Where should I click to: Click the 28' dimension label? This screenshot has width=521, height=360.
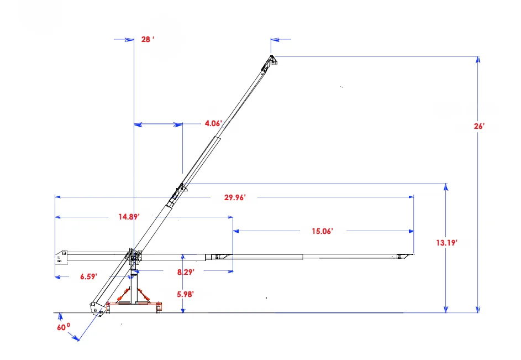(148, 39)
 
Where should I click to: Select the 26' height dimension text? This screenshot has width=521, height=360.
(479, 126)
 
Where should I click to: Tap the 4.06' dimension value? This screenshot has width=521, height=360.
(213, 123)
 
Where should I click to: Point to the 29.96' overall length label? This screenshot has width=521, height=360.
(235, 197)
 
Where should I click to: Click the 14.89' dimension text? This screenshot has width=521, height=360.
(129, 217)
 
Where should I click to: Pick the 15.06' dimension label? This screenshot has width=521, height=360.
(322, 231)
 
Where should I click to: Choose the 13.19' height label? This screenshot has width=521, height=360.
(447, 243)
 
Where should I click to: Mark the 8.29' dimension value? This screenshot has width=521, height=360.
(186, 272)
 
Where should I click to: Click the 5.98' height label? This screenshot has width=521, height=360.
(186, 294)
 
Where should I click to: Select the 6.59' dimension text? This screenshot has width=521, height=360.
(89, 276)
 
